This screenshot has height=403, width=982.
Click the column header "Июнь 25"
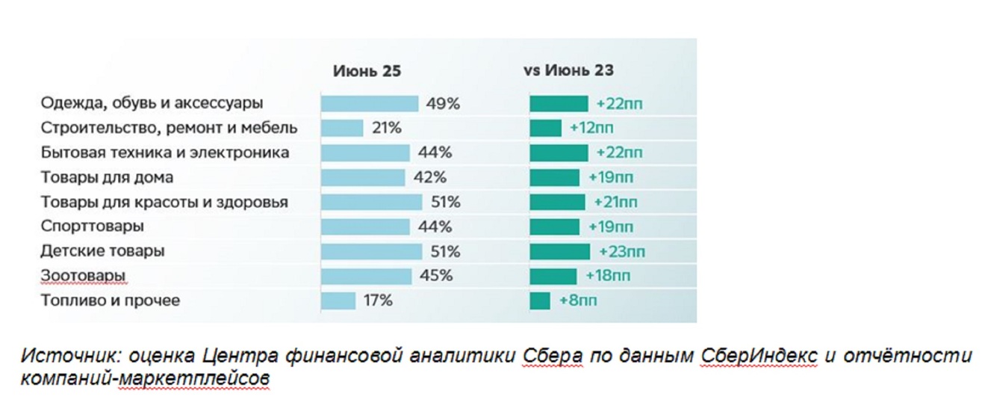point(367,71)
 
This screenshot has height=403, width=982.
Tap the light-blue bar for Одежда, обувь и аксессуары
point(369,103)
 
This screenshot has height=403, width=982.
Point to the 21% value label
point(386,128)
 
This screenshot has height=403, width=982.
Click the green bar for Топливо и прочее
point(540,301)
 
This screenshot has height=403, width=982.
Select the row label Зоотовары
point(83,276)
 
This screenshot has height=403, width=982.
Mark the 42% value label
point(430,177)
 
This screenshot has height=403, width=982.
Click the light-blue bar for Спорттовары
point(365,227)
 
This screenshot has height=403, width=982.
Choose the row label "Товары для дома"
point(107,177)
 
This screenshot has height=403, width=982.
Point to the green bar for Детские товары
point(559,251)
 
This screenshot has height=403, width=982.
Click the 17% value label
point(377,301)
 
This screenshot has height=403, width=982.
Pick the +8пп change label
point(578,301)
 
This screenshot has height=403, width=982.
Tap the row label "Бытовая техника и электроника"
point(165,153)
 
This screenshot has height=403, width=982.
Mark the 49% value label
point(443,103)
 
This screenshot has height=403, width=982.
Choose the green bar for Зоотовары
point(553,276)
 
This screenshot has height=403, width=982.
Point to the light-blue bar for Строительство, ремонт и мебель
point(342,128)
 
